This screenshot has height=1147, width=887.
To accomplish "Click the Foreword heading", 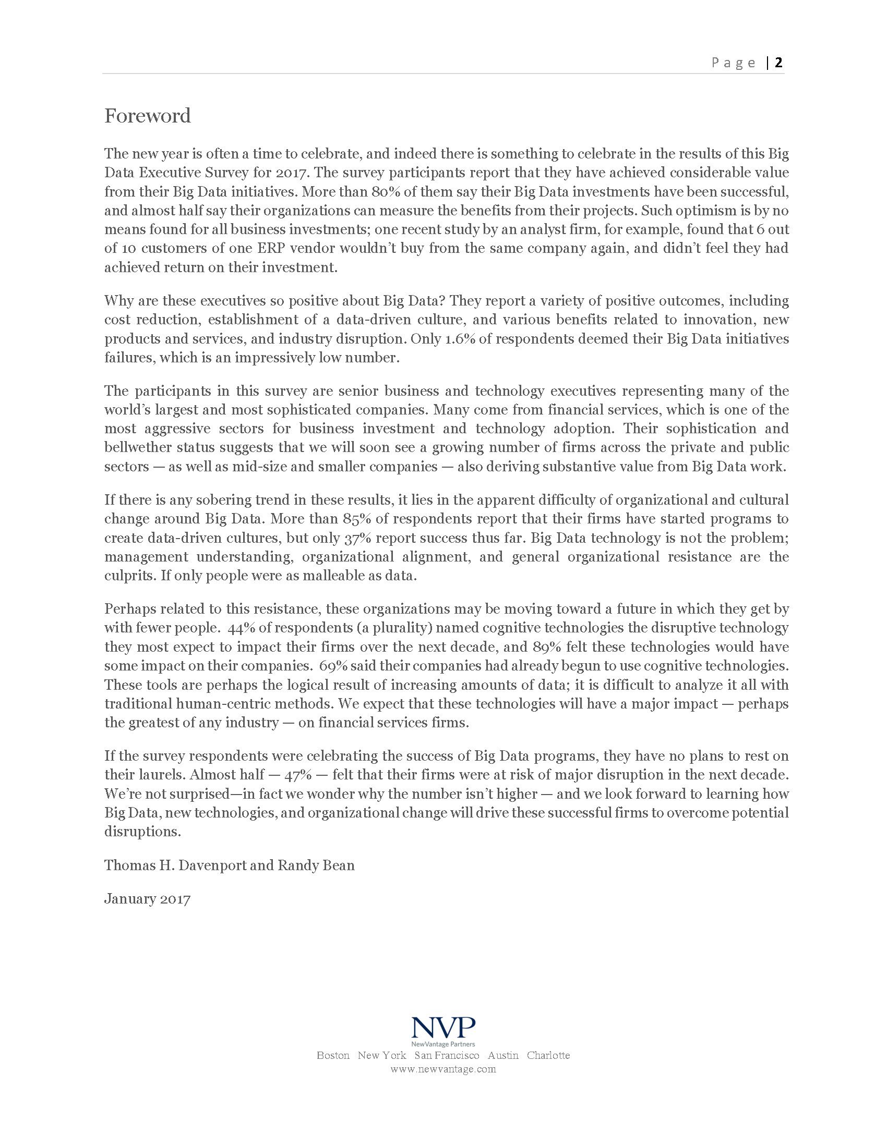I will pos(147,116).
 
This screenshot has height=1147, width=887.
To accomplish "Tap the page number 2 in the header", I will pos(778,63).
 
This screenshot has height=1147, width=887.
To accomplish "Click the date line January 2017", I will pos(147,899).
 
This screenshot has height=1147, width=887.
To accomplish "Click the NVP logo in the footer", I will pos(443,1028).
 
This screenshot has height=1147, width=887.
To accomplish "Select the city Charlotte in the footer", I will pos(548,1055).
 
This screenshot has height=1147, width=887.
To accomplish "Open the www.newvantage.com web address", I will pos(443,1069).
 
